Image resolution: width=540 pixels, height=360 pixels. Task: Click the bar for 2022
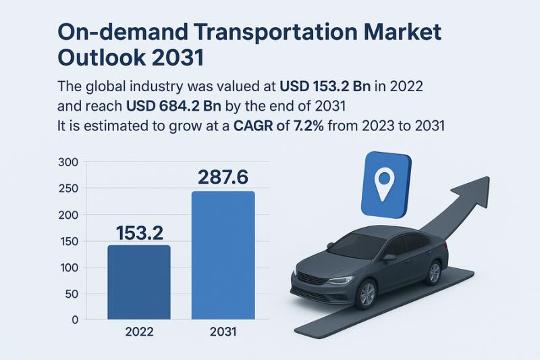pyautogui.click(x=139, y=282)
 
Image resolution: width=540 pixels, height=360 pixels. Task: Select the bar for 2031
pyautogui.click(x=223, y=255)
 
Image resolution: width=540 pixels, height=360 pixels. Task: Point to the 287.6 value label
pyautogui.click(x=223, y=177)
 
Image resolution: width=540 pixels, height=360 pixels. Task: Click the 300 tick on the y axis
pyautogui.click(x=70, y=162)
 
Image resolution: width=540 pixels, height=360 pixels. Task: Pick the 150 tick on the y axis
pyautogui.click(x=70, y=241)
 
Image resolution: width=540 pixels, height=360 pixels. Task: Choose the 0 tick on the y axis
pyautogui.click(x=75, y=319)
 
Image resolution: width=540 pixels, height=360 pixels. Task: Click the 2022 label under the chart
pyautogui.click(x=139, y=332)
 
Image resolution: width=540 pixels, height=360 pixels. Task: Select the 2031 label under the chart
pyautogui.click(x=223, y=332)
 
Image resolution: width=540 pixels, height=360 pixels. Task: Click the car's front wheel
pyautogui.click(x=367, y=292)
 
